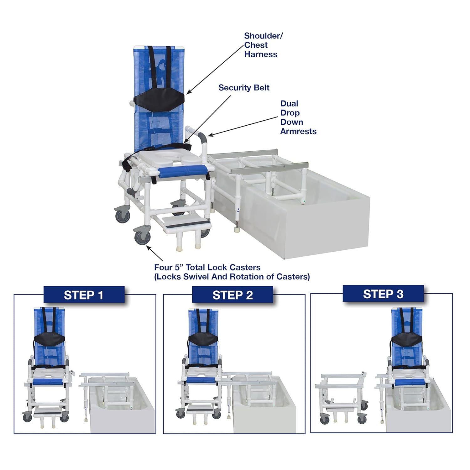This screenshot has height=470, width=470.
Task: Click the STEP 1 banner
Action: point(84,295)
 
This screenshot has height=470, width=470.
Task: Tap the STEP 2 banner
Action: point(232,295)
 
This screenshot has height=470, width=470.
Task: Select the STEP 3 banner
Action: point(383,294)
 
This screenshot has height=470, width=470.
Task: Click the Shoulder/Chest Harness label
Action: point(261,45)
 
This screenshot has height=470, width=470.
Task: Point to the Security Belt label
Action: point(244,87)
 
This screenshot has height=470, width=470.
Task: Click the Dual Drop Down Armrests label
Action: point(298,117)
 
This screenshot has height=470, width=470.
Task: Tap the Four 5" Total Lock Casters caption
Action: point(232,272)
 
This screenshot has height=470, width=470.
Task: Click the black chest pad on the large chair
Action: point(159,100)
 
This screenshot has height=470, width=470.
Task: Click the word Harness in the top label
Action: point(261,54)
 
